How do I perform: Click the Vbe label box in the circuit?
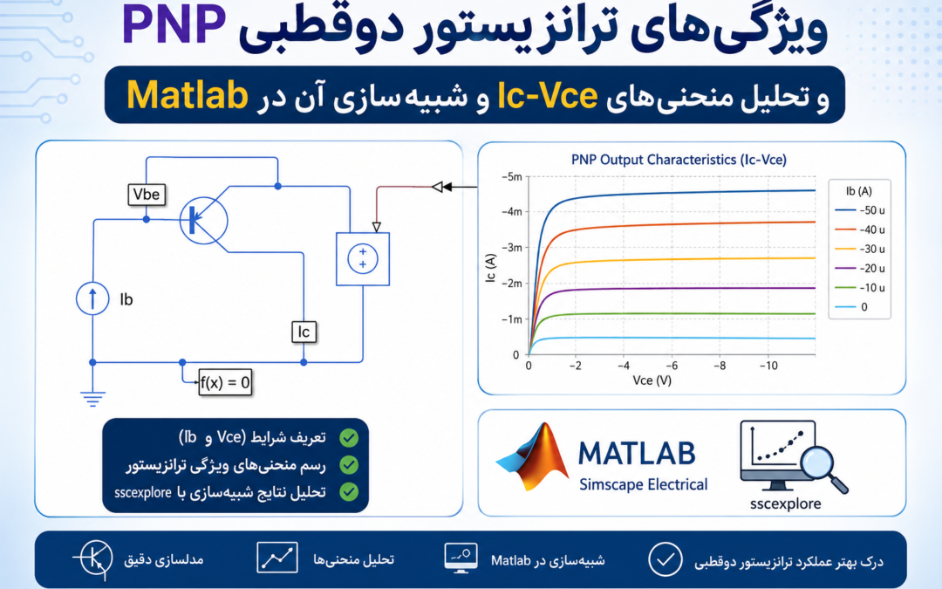coord(147,194)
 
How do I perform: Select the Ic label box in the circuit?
coord(304,332)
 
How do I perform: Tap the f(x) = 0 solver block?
coord(225,382)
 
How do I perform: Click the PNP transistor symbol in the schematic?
coord(204,220)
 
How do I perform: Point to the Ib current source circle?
coord(92,298)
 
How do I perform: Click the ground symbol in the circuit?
coord(92,399)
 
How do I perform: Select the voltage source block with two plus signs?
coord(363,259)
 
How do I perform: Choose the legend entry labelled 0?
coord(851,307)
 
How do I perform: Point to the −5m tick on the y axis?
coord(511,176)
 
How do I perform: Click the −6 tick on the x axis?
coord(671,366)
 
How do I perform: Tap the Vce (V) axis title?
coord(652,380)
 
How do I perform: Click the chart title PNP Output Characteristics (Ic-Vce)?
coord(679,160)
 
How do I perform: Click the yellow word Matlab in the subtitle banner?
coord(188,95)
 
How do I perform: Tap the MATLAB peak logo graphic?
coord(532,456)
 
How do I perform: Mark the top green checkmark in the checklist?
coord(348,437)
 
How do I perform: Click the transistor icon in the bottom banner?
coord(93,559)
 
